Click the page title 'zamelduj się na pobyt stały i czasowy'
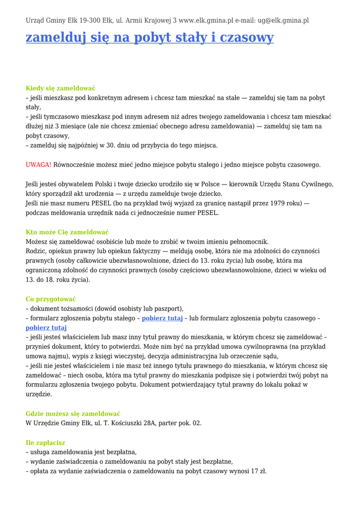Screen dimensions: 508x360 point(149,38)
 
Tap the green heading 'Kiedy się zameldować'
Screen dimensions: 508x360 point(61,88)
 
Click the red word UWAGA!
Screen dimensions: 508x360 point(38,165)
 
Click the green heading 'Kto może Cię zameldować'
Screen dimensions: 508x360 point(67,232)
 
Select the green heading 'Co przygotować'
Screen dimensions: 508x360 point(51,299)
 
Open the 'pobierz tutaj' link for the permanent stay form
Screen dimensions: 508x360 point(162,318)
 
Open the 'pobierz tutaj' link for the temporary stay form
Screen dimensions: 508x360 point(46,328)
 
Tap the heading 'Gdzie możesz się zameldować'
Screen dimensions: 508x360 point(73,414)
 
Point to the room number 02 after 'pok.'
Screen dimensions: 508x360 point(197,423)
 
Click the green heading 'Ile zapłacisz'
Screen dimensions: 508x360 point(45,443)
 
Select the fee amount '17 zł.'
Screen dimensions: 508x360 point(259,471)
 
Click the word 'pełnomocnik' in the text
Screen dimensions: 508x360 point(246,242)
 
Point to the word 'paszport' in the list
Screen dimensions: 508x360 point(169,309)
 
